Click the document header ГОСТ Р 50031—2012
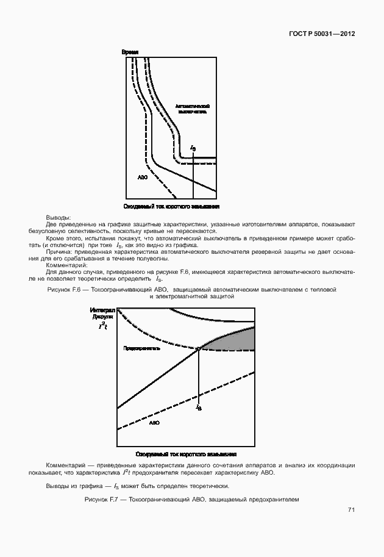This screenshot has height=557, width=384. pos(322,34)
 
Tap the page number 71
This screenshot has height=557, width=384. pos(351,509)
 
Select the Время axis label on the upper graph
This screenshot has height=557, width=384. pos(130,52)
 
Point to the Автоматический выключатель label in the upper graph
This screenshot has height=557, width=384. pos(193,109)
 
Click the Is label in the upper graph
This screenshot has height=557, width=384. pos(193,148)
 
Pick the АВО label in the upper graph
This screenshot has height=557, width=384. pos(143,177)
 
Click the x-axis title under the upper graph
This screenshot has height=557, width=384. pos(171,207)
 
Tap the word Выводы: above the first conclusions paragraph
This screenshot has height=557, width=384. pos(59,218)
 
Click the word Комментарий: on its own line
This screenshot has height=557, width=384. pos(67,265)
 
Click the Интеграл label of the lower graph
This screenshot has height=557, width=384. pos(102,311)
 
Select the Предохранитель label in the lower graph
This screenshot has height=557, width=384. pos(142,348)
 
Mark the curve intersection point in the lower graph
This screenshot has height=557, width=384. pos(199,349)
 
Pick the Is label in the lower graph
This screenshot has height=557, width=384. pos(199,406)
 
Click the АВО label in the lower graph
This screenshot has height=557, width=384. pos(154,423)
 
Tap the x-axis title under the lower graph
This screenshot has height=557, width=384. pos(185,454)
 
